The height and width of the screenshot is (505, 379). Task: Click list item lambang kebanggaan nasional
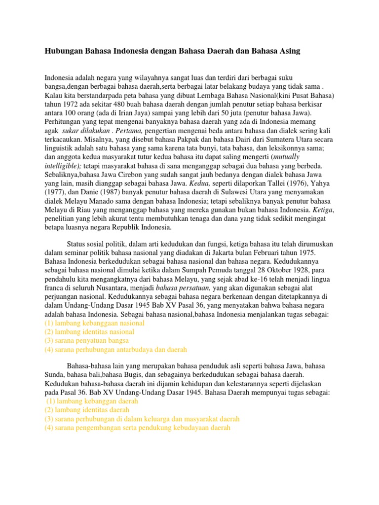(94, 323)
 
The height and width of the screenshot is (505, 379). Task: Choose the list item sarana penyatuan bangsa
(86, 341)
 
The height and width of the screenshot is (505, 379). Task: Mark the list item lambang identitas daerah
(87, 410)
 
